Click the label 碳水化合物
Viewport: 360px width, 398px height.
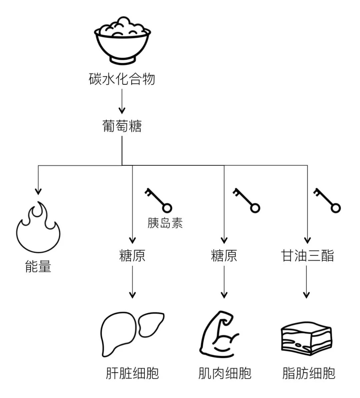coord(122,79)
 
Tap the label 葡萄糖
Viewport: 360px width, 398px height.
coord(122,126)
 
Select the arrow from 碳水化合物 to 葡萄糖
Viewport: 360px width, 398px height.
coord(122,101)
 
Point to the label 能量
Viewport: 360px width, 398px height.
coord(38,267)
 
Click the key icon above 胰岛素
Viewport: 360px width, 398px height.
coord(158,200)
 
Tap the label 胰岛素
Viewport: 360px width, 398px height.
coord(165,223)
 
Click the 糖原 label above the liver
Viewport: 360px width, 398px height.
coord(132,256)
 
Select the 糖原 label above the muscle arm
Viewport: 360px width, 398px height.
coord(224,256)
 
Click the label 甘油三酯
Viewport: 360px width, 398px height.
coord(307,256)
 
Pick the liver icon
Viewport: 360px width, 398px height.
coord(132,334)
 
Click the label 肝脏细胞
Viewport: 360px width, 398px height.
coord(132,373)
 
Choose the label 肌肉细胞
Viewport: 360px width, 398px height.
coord(224,373)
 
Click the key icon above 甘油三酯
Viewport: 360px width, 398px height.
coord(327,200)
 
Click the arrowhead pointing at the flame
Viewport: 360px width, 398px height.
coord(38,191)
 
